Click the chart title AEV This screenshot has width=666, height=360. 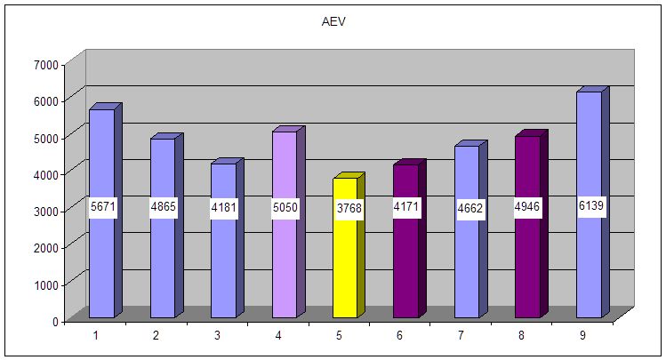tap(333, 21)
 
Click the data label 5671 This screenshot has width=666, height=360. tap(103, 207)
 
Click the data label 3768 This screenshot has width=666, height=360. tap(345, 208)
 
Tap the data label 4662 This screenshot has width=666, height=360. tap(467, 208)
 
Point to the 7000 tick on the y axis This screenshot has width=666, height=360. tap(46, 64)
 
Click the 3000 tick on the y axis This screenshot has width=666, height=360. tap(46, 211)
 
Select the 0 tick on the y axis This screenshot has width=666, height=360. tap(54, 321)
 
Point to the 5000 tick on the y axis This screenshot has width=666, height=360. tap(46, 138)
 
